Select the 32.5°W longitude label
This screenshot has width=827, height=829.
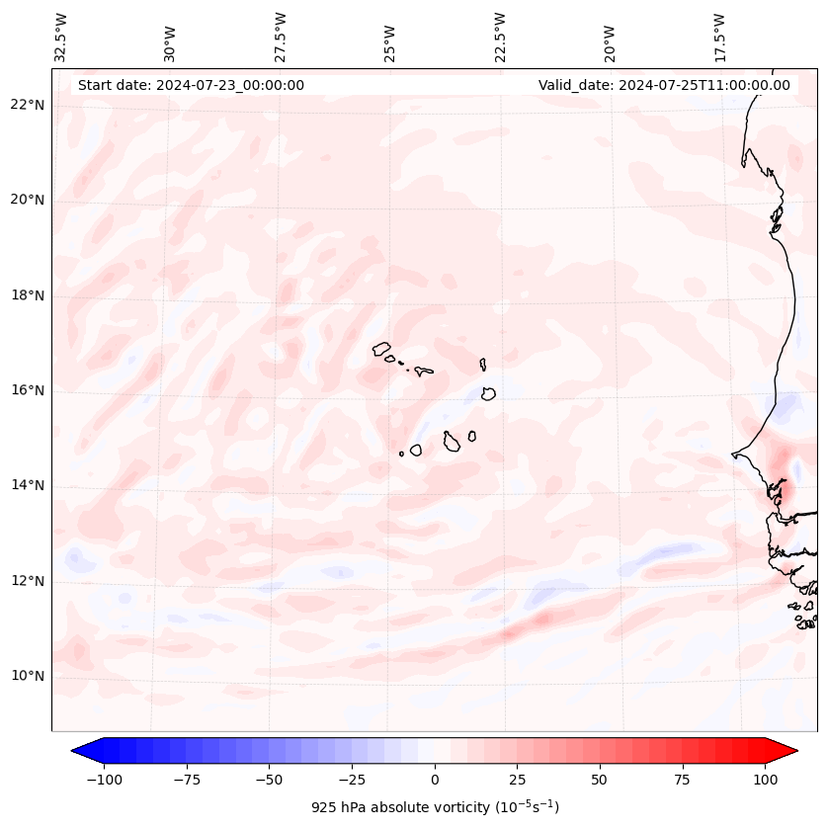pos(61,38)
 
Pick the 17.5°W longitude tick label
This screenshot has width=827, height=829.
pos(719,38)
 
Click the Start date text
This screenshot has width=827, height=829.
pos(191,85)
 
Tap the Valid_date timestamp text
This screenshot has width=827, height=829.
pos(664,85)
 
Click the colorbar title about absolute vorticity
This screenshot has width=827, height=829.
pos(435,807)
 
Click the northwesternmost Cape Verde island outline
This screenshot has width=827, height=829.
pos(381,349)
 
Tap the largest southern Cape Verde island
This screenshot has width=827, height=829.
pos(452,441)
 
